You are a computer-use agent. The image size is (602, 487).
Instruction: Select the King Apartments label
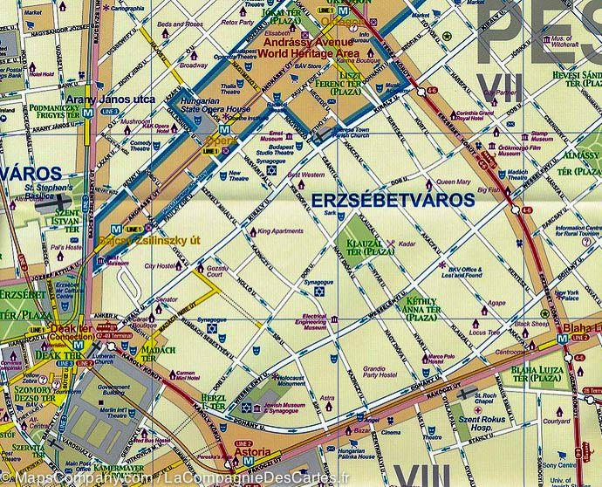[x=278, y=231]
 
